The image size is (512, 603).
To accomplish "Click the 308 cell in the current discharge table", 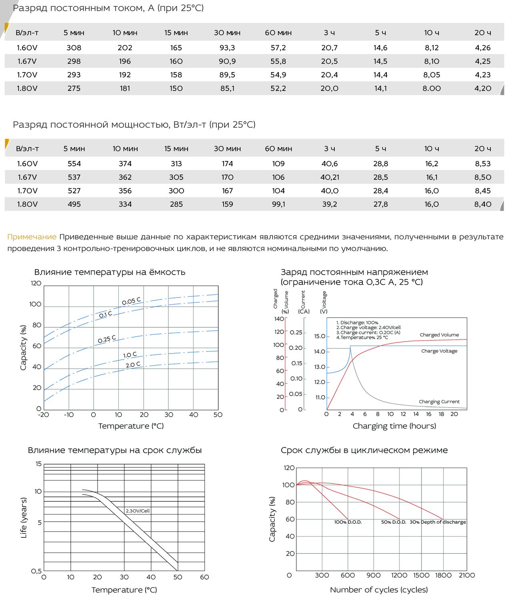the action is (74, 48).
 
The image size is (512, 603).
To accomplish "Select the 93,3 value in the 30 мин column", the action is (227, 48).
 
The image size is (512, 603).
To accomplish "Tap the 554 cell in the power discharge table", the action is (74, 163).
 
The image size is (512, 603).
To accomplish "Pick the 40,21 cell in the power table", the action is (330, 177).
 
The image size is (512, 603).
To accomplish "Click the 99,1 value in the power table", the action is (278, 204).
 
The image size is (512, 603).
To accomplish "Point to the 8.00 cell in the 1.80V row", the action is (432, 88).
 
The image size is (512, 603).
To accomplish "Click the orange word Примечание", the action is (32, 237).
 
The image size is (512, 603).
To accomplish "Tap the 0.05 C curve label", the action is (132, 301).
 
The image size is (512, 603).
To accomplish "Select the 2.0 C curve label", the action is (133, 364).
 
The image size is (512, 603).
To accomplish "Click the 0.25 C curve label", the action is (107, 339).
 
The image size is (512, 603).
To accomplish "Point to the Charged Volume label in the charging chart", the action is (439, 335).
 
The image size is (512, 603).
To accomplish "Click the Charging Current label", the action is (439, 402).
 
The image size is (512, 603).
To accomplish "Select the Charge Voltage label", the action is (439, 351).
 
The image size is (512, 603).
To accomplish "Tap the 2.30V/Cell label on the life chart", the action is (138, 511).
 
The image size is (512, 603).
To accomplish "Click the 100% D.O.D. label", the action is (348, 522).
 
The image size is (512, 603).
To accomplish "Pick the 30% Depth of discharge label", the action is (438, 522).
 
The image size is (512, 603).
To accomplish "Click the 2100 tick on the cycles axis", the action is (467, 575).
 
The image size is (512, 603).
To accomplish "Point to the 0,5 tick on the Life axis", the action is (36, 571).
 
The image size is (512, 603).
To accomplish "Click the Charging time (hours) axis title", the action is (394, 426).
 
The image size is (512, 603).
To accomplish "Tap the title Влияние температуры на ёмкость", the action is (110, 272).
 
